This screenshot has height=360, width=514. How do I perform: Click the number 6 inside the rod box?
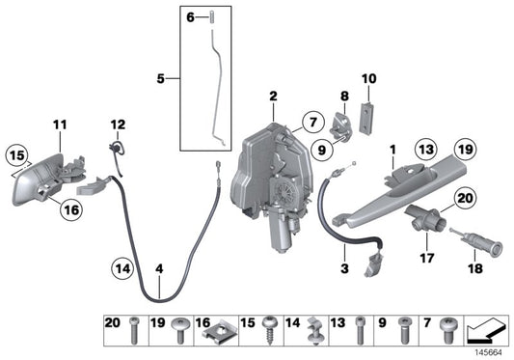tap(191, 16)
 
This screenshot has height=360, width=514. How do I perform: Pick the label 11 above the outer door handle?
tap(60, 125)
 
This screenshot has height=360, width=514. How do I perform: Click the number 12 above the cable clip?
tap(118, 125)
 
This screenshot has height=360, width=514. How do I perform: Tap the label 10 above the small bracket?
tap(367, 77)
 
